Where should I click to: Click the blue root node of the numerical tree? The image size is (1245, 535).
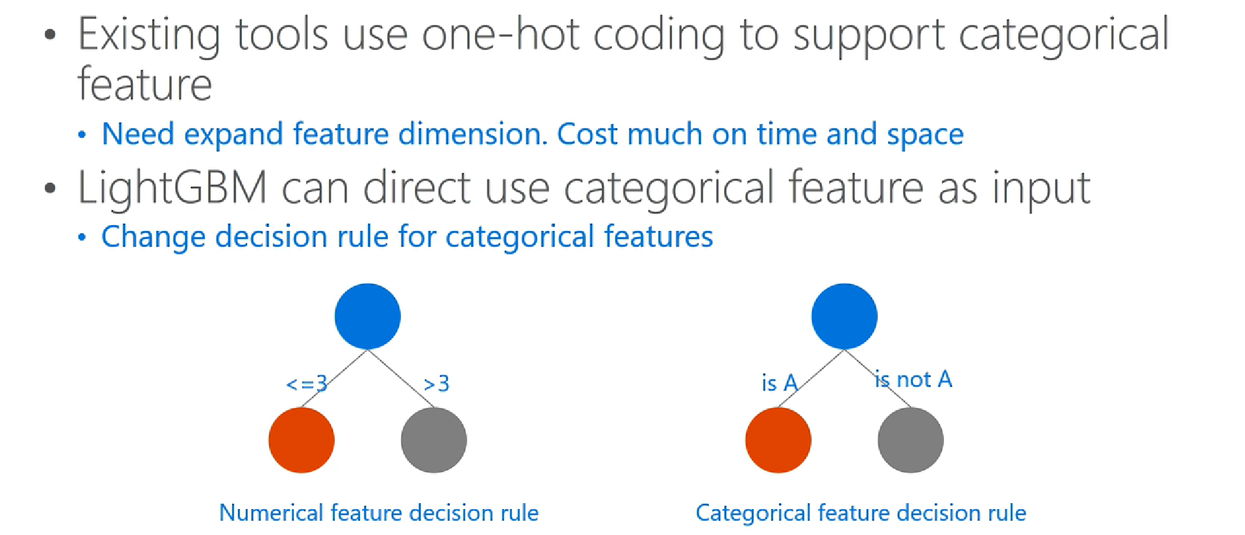point(367,316)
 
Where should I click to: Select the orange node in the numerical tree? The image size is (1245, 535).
point(301,440)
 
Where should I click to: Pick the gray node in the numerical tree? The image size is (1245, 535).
point(434,440)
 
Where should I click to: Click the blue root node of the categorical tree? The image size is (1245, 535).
point(844,316)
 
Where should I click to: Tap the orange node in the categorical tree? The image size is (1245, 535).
point(778,440)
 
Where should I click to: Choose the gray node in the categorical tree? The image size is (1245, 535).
point(911,440)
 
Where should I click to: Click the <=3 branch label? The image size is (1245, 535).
point(307,384)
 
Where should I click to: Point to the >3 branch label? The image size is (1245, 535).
point(436,384)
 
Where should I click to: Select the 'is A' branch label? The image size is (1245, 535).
point(779,383)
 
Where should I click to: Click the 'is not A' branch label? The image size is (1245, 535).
point(913,379)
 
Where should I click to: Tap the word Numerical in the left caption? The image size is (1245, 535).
point(271,513)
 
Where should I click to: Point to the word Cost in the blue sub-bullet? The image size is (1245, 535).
point(587,134)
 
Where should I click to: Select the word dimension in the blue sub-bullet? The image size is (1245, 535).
point(472,134)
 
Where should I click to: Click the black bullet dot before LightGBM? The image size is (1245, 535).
point(51,188)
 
